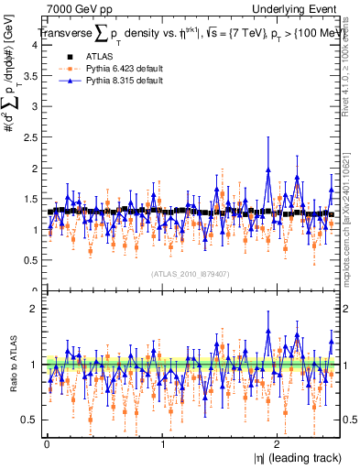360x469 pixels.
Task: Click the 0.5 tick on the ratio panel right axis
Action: coord(346,420)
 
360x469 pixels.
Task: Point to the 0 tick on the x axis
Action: coord(47,444)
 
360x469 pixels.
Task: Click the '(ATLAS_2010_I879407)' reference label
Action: coord(190,272)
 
